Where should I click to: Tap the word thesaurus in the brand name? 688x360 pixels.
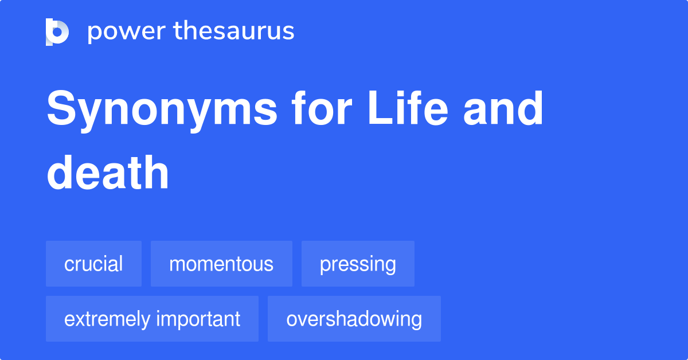coord(234,32)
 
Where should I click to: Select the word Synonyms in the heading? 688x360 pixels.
coord(162,110)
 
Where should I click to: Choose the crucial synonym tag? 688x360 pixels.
coord(93,264)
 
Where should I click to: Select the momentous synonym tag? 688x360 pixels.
coord(221,264)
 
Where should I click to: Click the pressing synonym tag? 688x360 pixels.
coord(358,264)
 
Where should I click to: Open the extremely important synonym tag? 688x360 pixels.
coord(152,319)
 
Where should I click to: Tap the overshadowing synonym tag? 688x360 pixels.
coord(354,319)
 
